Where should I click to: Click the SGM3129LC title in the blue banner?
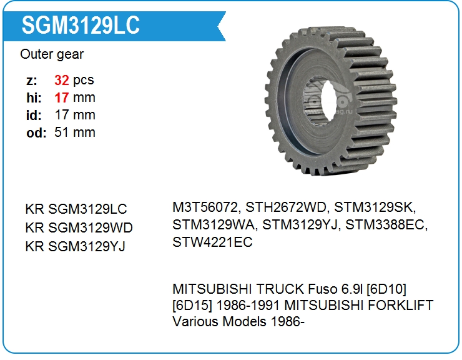click(81, 25)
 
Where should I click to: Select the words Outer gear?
click(52, 54)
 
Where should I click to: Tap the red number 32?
click(62, 80)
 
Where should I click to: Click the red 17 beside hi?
click(62, 97)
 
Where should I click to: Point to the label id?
click(34, 115)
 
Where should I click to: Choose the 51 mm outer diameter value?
click(75, 132)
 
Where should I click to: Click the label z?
click(32, 81)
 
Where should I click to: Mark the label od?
click(36, 132)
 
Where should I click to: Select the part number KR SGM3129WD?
click(79, 227)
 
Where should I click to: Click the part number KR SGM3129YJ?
click(76, 246)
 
